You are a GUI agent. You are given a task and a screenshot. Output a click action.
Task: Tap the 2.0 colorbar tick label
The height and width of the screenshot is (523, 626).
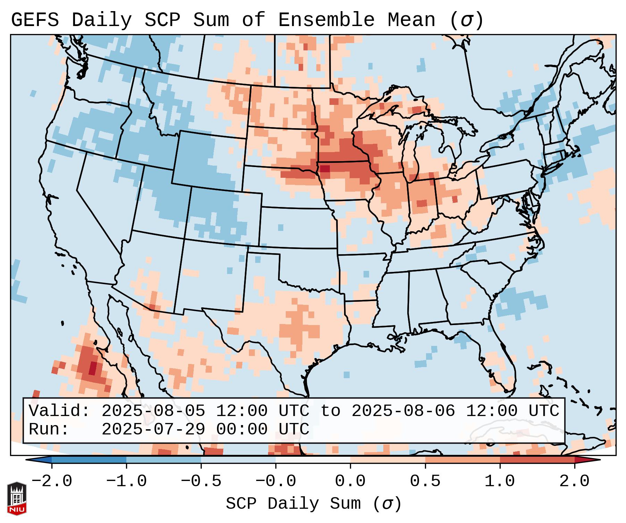[574, 481]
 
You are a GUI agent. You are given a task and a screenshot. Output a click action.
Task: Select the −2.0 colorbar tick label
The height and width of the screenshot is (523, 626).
[52, 481]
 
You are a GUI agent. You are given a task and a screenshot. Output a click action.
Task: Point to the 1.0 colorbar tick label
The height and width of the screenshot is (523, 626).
[500, 481]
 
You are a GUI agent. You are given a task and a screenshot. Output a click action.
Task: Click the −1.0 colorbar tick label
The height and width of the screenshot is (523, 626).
[126, 481]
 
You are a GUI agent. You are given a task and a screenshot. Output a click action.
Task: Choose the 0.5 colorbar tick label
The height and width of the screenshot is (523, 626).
[425, 481]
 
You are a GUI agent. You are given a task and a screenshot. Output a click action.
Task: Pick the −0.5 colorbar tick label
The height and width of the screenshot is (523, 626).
[201, 481]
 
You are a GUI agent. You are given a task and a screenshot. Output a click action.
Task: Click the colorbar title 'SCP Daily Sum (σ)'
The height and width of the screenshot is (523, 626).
[314, 504]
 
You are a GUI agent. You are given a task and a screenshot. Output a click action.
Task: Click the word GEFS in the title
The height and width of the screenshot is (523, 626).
[35, 20]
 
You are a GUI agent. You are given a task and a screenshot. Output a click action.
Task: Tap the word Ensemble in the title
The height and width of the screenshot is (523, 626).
[326, 20]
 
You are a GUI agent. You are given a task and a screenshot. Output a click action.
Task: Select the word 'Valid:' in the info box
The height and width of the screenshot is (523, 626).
[59, 411]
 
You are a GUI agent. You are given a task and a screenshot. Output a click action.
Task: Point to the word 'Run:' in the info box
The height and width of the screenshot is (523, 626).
[49, 430]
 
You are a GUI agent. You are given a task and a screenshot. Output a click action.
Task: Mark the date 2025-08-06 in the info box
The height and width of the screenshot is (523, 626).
[403, 411]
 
